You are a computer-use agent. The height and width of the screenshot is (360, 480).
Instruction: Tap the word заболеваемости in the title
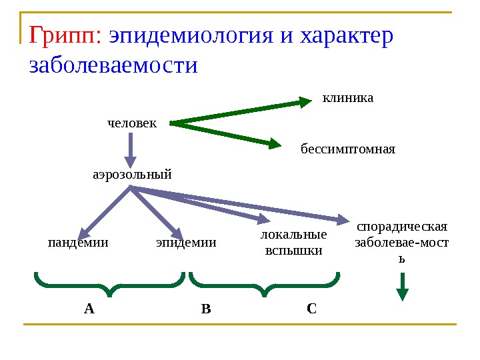114,66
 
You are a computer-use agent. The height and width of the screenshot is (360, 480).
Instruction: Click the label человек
132,123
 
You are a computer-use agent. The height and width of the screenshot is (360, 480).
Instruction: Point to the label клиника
348,99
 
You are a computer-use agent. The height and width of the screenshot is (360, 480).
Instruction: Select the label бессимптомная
347,149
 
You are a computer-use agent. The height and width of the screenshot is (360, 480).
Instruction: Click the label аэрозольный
132,175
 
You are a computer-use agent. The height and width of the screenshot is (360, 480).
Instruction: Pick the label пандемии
78,243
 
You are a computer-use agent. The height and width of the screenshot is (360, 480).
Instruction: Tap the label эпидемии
186,243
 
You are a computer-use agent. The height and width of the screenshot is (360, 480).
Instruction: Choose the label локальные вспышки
293,243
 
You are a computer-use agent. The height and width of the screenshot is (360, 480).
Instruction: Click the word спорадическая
402,227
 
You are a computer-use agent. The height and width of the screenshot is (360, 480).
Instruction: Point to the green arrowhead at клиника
305,101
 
